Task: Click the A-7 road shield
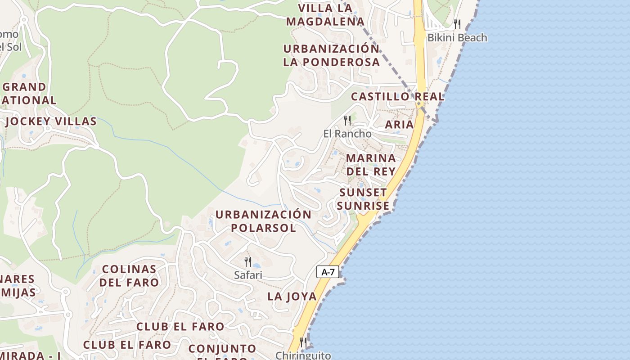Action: pos(328,272)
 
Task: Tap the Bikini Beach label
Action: pos(457,38)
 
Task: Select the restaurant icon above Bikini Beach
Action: pos(457,24)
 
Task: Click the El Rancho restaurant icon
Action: pos(347,120)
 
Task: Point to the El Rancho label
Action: pos(347,134)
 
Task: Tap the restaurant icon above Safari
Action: pos(247,261)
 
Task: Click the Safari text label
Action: pos(248,275)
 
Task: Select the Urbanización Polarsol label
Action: pos(263,221)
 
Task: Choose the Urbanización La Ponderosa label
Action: pos(331,55)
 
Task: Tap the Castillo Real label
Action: pos(397,97)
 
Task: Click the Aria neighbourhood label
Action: pos(399,125)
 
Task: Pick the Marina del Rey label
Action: pos(371,165)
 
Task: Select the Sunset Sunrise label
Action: pos(363,199)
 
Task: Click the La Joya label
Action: pos(292,297)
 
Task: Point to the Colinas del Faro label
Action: pos(129,276)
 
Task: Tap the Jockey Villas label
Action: pos(51,121)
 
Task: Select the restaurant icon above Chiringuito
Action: pos(303,342)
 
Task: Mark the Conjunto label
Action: pos(222,349)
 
